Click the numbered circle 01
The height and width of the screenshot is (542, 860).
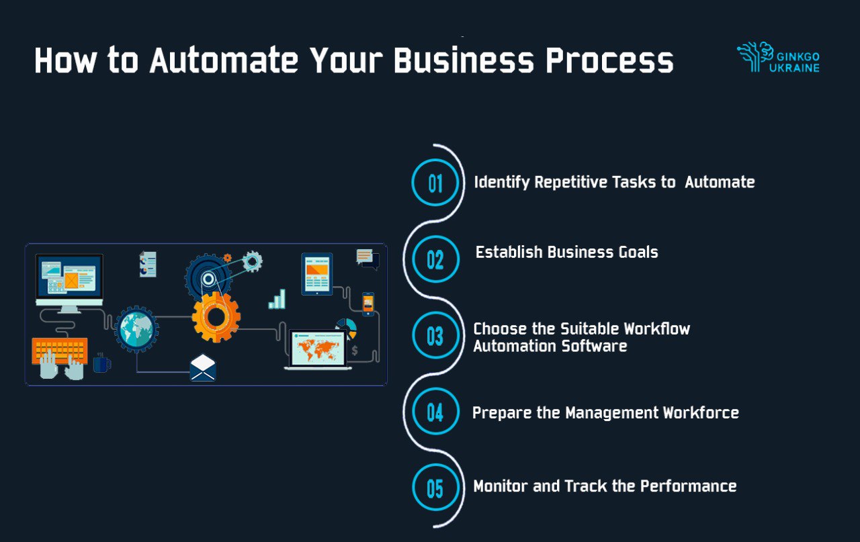(435, 182)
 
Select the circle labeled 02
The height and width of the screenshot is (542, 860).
(435, 259)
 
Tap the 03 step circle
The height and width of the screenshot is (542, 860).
(435, 336)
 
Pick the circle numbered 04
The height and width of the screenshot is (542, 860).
(435, 412)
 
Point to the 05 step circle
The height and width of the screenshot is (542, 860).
(435, 488)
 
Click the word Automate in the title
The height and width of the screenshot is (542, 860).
(224, 60)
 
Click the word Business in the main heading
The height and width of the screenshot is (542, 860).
(464, 60)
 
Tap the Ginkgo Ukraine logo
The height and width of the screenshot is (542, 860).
(778, 57)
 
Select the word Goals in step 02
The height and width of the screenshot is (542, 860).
(638, 252)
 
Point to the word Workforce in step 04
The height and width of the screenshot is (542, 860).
(701, 412)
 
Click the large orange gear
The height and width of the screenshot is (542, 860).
(216, 317)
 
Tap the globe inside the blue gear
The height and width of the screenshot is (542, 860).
(136, 329)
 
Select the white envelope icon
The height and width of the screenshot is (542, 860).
(203, 368)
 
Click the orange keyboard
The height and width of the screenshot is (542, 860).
(60, 351)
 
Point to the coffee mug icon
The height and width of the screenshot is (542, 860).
(101, 363)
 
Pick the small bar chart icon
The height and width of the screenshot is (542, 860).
(277, 299)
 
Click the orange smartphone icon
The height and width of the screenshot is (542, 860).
(368, 304)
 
